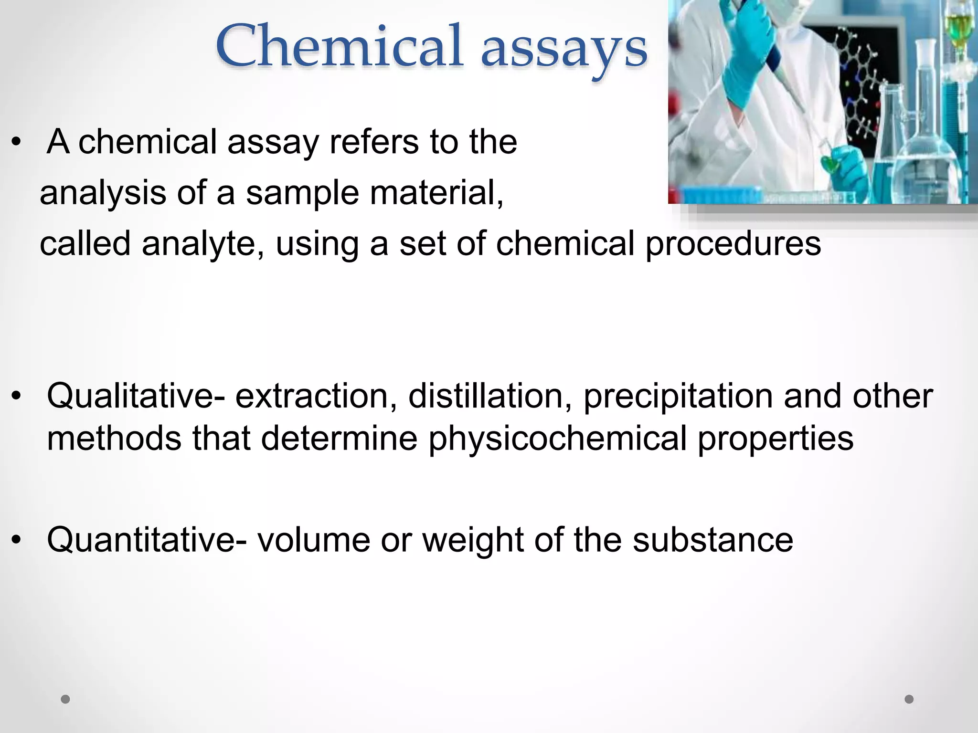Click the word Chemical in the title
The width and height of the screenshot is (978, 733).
pyautogui.click(x=339, y=46)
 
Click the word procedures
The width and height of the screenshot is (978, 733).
pyautogui.click(x=733, y=243)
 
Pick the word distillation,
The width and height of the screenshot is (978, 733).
pyautogui.click(x=490, y=396)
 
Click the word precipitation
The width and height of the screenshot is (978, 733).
pyautogui.click(x=678, y=397)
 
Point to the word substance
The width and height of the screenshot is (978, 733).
pyautogui.click(x=713, y=539)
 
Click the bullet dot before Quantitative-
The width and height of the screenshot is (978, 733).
pyautogui.click(x=17, y=540)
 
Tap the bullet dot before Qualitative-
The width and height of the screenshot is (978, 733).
pyautogui.click(x=17, y=396)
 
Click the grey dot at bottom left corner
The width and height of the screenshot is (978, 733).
pyautogui.click(x=65, y=699)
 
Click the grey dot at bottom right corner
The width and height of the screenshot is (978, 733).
pyautogui.click(x=909, y=699)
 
